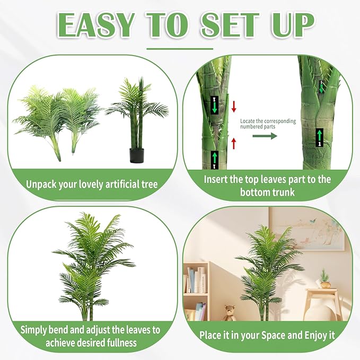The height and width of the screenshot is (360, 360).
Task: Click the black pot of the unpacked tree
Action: point(137,155)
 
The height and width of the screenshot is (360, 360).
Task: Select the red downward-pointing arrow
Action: point(234,107)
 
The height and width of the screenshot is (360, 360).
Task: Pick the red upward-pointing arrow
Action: point(234,144)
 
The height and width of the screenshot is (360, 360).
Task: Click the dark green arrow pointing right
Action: point(265,136)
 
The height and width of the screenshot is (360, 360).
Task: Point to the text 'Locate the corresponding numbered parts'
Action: point(268,124)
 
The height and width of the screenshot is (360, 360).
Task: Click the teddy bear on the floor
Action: point(230,313)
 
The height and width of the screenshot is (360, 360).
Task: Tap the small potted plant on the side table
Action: point(325,278)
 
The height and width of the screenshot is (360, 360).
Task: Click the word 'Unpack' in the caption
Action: point(41,185)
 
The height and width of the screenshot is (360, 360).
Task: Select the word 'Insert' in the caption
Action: point(215,179)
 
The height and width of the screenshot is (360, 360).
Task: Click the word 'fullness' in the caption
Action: point(122,343)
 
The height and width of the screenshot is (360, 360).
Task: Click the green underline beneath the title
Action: point(180,49)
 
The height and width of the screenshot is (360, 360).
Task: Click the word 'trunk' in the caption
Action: point(283,192)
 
